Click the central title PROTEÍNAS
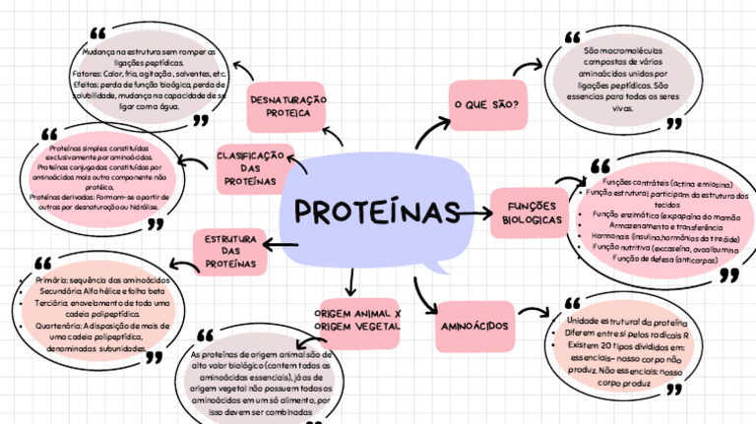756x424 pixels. click(x=378, y=212)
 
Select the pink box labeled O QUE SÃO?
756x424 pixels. click(x=486, y=104)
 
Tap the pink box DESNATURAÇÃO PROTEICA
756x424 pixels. click(x=286, y=107)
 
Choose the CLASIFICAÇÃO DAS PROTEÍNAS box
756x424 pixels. click(x=255, y=169)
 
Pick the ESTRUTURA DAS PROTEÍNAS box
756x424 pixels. click(x=230, y=252)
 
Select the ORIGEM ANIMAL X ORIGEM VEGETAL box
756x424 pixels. click(x=356, y=319)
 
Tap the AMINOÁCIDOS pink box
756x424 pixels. click(x=475, y=324)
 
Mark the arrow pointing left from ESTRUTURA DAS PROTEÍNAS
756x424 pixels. click(x=183, y=262)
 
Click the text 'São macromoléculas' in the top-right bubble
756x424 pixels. click(x=625, y=50)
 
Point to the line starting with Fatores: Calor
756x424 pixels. click(x=151, y=74)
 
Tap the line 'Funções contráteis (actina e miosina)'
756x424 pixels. click(x=665, y=184)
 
